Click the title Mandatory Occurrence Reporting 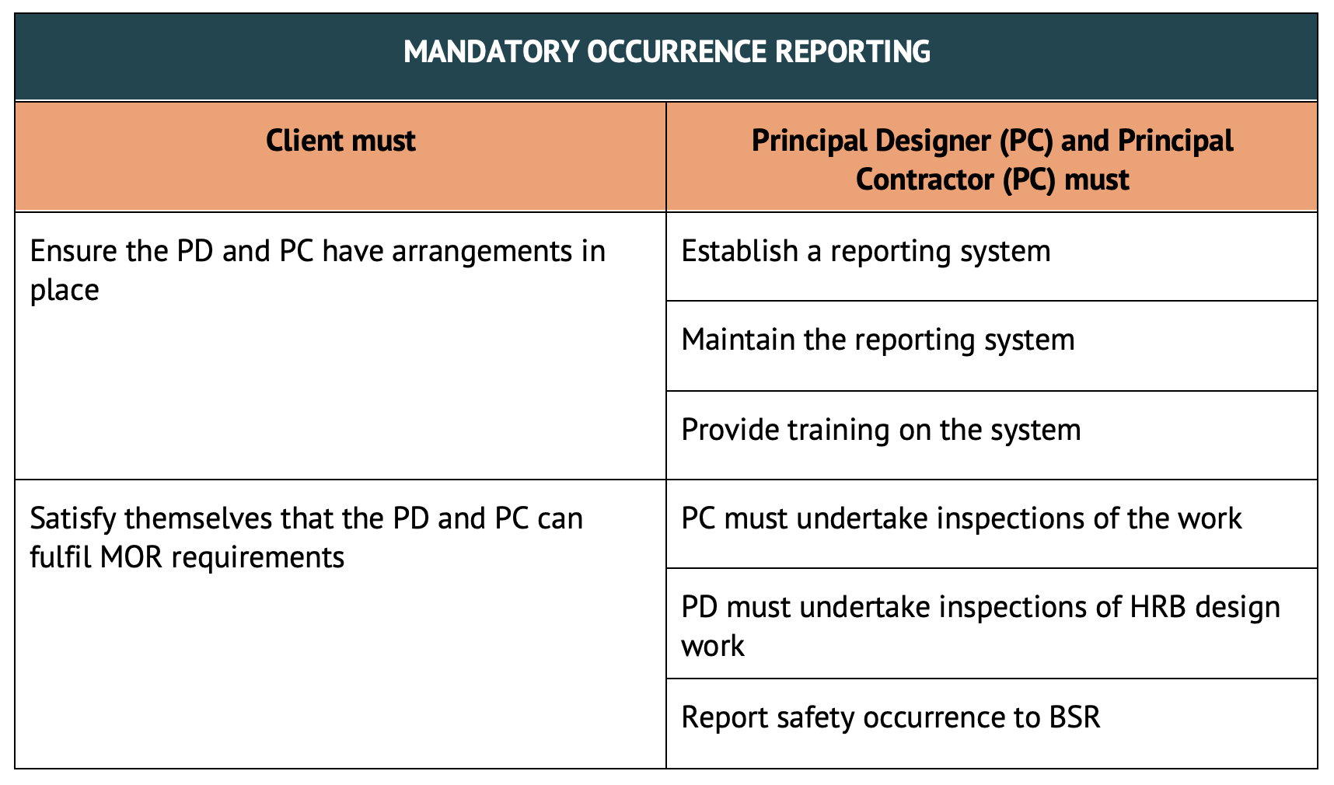(x=667, y=52)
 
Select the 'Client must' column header (x=340, y=141)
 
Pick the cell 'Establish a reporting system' (x=866, y=252)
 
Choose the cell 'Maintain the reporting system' (x=878, y=340)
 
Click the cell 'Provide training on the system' (x=881, y=430)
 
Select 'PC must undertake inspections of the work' (x=962, y=518)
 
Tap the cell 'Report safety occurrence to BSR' (x=891, y=717)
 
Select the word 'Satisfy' (x=72, y=519)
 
